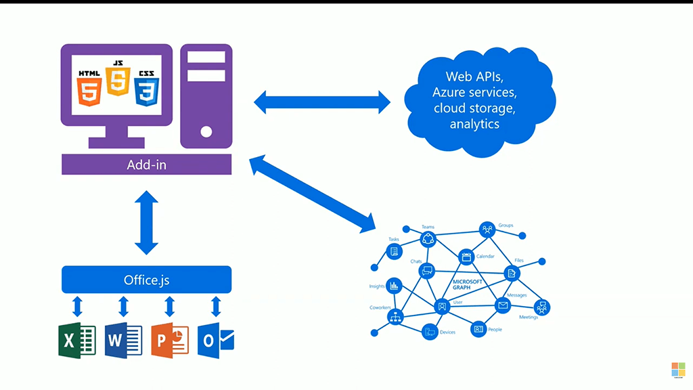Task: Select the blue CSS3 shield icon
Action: click(146, 89)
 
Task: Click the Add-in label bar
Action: click(146, 165)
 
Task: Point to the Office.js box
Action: click(146, 279)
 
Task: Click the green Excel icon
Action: click(76, 341)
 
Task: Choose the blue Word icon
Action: click(123, 341)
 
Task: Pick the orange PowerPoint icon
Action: click(169, 341)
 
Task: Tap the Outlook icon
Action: click(216, 341)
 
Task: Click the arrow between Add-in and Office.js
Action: click(146, 222)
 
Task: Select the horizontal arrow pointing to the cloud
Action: click(322, 102)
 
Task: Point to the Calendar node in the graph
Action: click(466, 257)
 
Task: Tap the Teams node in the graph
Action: click(428, 238)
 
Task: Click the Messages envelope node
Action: click(503, 305)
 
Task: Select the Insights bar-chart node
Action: click(394, 286)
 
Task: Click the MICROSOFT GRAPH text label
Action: click(466, 284)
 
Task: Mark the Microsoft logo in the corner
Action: click(678, 370)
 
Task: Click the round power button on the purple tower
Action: click(206, 131)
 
